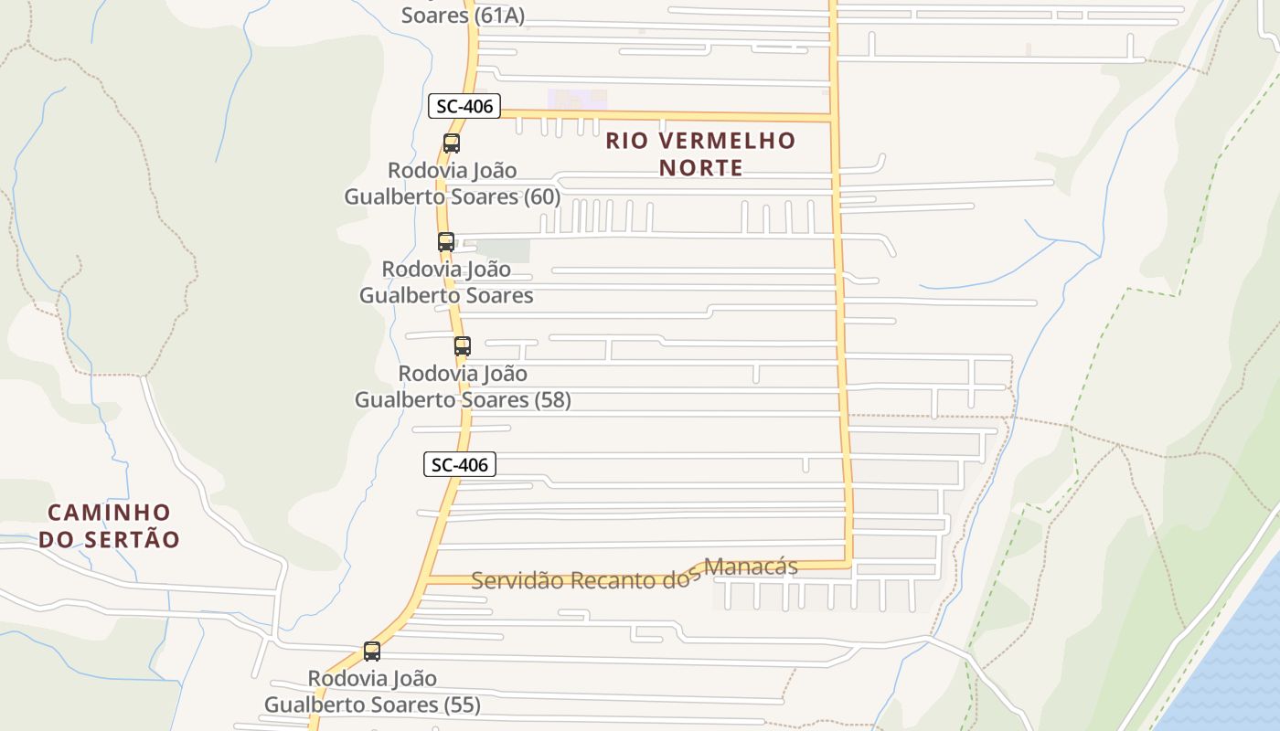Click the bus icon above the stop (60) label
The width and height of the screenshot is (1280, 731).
click(452, 143)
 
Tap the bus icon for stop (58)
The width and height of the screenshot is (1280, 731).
click(463, 346)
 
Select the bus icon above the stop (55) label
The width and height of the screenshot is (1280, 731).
click(372, 652)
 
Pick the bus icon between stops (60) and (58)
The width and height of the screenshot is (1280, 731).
click(446, 242)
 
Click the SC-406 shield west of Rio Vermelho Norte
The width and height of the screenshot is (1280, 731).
click(464, 106)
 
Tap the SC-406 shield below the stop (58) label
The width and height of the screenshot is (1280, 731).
click(460, 464)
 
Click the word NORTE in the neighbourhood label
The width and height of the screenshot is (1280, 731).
click(701, 168)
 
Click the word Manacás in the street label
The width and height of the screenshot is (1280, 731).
click(753, 567)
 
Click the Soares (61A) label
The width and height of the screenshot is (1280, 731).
click(463, 16)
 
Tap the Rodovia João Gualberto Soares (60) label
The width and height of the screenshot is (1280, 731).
click(453, 184)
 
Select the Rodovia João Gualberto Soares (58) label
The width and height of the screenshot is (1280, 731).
click(463, 387)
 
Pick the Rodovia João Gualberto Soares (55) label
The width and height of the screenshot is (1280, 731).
click(372, 692)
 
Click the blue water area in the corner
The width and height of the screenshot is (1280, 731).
click(1234, 658)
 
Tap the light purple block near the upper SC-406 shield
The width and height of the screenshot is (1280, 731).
click(577, 99)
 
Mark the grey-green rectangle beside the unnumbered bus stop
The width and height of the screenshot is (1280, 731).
click(503, 249)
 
